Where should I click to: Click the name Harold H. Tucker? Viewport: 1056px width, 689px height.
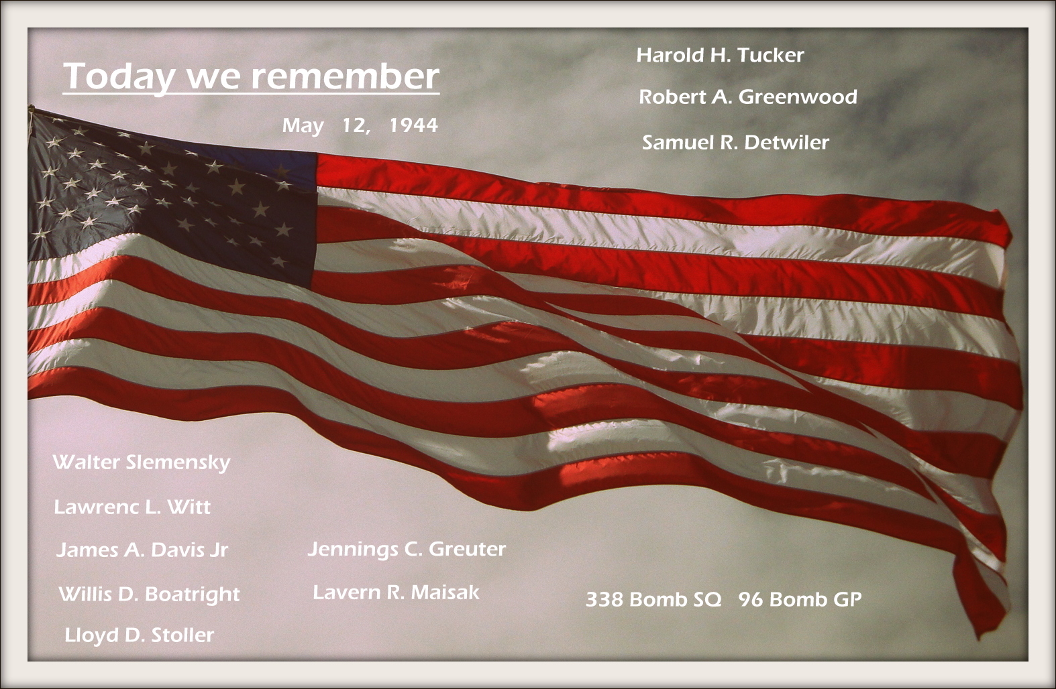[x=720, y=56]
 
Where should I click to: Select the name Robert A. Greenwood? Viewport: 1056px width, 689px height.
[x=747, y=97]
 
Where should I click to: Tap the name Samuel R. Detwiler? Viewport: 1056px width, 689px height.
[x=735, y=143]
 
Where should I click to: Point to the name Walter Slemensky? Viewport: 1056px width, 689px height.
[x=142, y=463]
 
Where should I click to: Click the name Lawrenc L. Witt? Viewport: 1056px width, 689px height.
[x=132, y=507]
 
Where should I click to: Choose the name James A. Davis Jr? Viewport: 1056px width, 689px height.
[x=142, y=550]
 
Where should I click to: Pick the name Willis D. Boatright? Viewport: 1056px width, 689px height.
[x=150, y=594]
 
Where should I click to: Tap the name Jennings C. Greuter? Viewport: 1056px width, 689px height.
[x=407, y=550]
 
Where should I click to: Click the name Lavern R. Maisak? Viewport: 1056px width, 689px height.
[x=396, y=592]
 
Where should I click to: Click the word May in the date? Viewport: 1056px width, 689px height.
[x=303, y=127]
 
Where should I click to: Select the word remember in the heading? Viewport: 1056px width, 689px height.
[x=345, y=76]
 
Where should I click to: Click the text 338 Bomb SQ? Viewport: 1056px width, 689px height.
[x=653, y=599]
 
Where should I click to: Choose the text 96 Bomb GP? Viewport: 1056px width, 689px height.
[x=800, y=599]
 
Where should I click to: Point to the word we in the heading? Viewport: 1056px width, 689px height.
[x=212, y=78]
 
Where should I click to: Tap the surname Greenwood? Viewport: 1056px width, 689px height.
[x=798, y=97]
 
